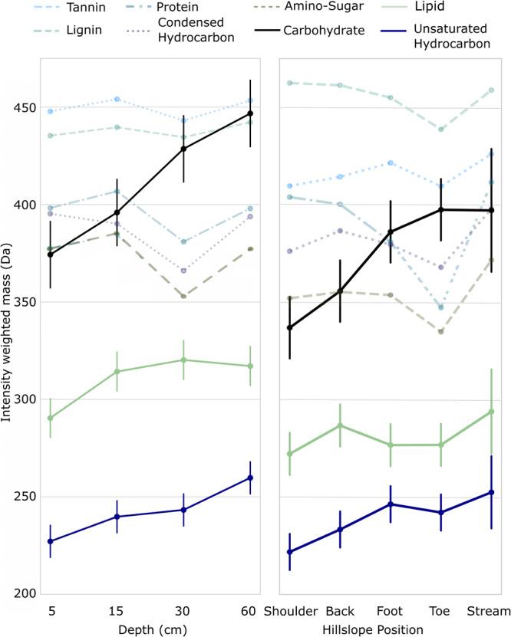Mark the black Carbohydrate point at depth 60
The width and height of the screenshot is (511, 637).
[250, 113]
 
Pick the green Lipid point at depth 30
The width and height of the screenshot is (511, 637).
[183, 360]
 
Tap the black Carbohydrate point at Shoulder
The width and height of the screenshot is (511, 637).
[289, 328]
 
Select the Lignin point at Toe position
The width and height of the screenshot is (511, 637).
[440, 129]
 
